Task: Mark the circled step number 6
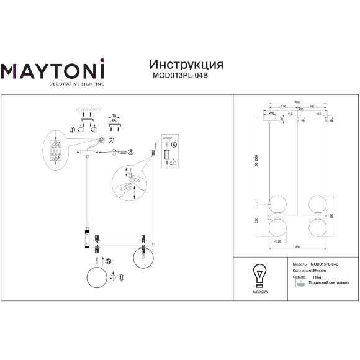(x=122, y=277)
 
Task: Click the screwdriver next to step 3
(x=122, y=152)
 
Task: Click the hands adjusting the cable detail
(x=128, y=184)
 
